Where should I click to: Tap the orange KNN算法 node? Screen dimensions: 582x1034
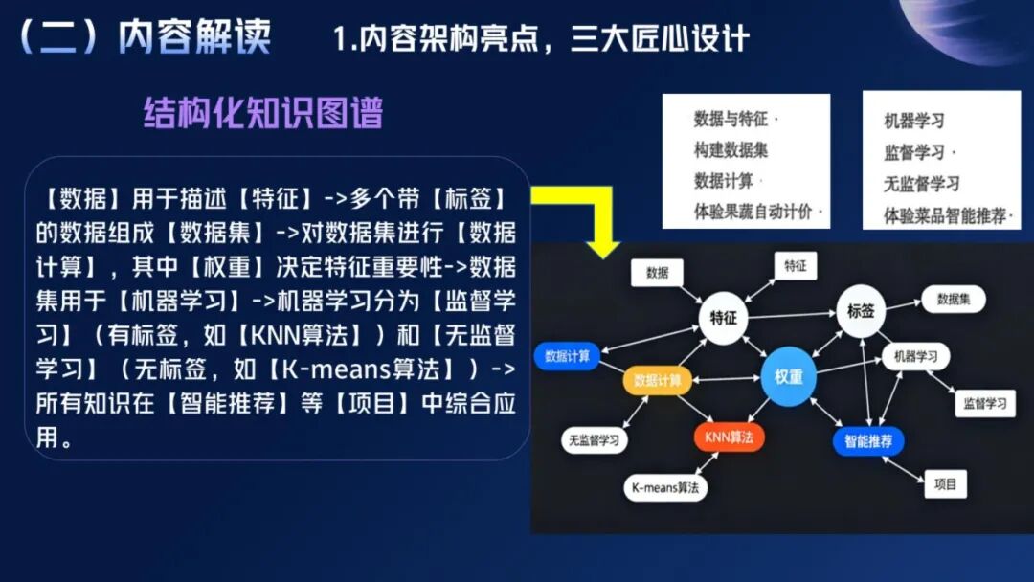coord(729,437)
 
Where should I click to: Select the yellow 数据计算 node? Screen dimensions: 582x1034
coord(658,380)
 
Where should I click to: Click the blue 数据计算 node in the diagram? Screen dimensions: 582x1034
coord(568,356)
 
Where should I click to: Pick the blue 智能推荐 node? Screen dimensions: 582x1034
coord(868,441)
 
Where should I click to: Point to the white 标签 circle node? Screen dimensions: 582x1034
coord(861,311)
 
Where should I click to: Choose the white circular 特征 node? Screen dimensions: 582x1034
coord(723,318)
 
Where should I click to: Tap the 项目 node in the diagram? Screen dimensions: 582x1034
coord(945,484)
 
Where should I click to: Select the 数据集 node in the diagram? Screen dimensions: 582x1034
coord(954,300)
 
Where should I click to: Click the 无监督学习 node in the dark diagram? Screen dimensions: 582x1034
coord(594,441)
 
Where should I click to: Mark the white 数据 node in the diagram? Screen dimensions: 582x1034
coord(658,273)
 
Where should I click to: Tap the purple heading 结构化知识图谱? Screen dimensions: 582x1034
coord(263,113)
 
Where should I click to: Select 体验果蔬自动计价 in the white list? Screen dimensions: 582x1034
coord(757,212)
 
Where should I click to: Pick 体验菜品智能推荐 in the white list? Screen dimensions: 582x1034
coord(947,215)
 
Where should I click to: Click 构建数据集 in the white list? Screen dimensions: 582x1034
coord(731,149)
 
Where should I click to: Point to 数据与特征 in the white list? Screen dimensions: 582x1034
coord(732,119)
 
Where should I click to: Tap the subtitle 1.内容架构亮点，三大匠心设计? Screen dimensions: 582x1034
coord(540,39)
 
